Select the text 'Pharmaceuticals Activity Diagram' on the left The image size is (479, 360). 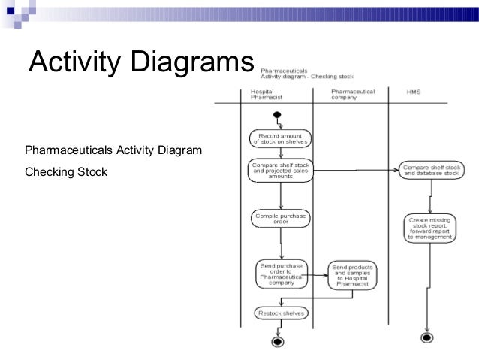(x=113, y=151)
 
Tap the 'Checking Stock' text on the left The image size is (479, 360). (x=66, y=173)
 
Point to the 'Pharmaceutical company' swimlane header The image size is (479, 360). (x=353, y=95)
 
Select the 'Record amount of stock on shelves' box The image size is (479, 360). (x=279, y=138)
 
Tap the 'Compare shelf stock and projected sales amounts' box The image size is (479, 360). (x=280, y=170)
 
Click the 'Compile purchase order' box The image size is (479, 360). (x=280, y=219)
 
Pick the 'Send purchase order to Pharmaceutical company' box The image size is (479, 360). (x=281, y=275)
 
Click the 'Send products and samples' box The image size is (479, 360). (x=353, y=276)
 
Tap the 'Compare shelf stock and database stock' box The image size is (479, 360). (x=429, y=170)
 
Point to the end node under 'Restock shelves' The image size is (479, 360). (x=278, y=342)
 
